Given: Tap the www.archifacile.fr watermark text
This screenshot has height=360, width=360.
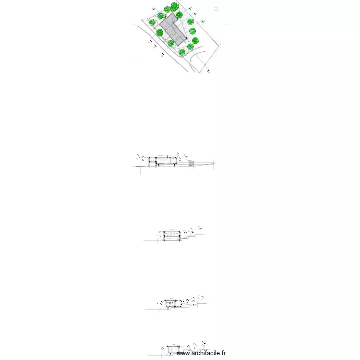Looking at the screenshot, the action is pos(201,353).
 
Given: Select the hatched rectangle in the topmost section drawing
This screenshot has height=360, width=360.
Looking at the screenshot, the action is pos(191,164).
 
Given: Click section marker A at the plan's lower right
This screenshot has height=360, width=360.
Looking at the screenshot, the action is pos(209,72).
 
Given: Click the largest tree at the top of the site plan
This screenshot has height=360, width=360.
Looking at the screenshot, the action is pos(175,7).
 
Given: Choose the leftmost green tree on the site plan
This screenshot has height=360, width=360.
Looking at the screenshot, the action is pos(152,22).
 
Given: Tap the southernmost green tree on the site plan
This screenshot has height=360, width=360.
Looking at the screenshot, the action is pos(182,52).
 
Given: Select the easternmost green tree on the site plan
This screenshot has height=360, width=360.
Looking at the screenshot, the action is pos(195,40).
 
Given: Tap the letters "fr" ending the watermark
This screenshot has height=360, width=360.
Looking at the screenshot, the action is pos(223,353).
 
